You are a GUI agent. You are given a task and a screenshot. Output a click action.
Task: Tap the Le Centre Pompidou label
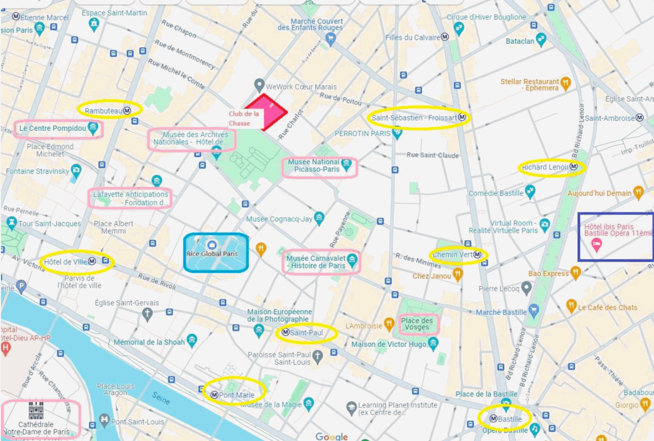coord(53,128)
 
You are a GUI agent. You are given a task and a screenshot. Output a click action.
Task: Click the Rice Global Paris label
coord(212,254)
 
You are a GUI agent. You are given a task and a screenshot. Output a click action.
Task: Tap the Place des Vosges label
coord(417,324)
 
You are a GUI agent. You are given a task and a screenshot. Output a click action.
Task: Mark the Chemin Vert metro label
coord(457,255)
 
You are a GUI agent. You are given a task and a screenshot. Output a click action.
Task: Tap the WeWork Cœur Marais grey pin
coord(259,85)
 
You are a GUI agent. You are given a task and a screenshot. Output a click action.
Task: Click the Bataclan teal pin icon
coord(541,39)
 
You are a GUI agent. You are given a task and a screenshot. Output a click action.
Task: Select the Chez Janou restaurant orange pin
coord(458,274)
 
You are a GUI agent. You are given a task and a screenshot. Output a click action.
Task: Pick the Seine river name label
coord(161,398)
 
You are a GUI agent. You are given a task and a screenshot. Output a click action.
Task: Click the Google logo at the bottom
coord(331,436)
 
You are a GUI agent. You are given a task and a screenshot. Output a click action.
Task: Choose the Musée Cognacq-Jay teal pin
coord(319,218)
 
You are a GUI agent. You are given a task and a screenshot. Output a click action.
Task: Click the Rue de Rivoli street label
coord(157,281)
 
